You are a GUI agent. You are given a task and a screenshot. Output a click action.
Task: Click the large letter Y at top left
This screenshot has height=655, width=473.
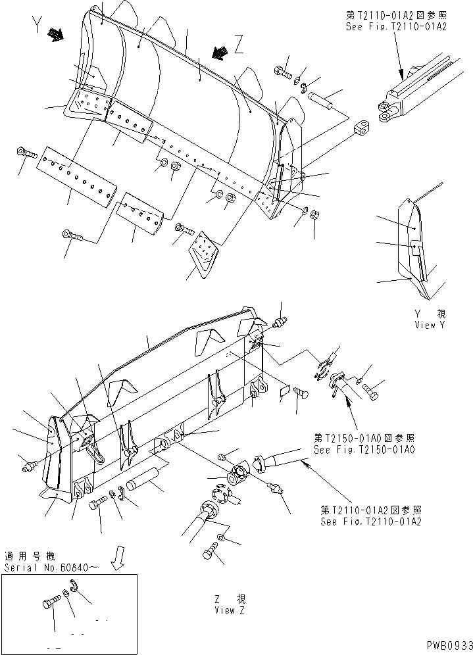pyautogui.click(x=37, y=26)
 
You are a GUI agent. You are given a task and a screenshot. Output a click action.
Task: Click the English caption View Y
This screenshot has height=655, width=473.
pyautogui.click(x=430, y=325)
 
